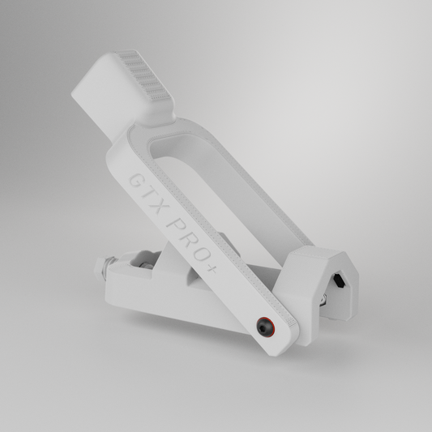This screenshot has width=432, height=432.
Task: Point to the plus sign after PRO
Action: coord(212,269)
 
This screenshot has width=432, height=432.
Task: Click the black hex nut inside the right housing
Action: coord(339,281)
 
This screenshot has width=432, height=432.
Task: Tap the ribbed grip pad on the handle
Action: coord(144,75)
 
